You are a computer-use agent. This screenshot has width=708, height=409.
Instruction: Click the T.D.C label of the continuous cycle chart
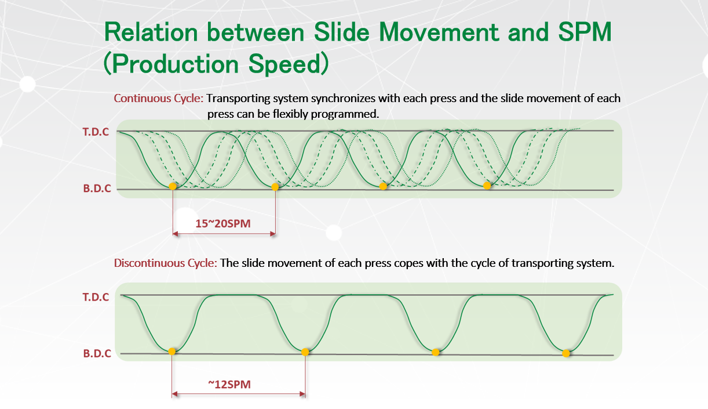[96, 132]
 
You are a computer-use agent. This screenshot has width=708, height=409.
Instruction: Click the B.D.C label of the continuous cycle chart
[97, 189]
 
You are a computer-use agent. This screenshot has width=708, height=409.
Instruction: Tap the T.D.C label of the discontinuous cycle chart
[96, 297]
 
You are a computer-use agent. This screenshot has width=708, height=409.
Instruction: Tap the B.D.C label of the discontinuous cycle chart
[97, 353]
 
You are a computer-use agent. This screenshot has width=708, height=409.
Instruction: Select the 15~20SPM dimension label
[223, 223]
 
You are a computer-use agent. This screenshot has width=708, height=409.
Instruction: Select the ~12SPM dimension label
[229, 384]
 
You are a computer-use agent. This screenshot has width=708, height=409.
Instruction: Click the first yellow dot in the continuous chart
[173, 186]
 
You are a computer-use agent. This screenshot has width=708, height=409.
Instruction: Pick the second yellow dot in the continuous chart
[275, 187]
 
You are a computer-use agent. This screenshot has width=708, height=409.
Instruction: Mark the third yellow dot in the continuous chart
[383, 186]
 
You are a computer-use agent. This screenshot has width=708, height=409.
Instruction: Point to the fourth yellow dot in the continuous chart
[487, 186]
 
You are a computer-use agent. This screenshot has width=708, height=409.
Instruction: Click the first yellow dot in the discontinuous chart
[172, 352]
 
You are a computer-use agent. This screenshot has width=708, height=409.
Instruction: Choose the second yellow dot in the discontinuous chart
[305, 352]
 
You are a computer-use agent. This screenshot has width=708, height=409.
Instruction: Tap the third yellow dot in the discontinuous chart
[436, 352]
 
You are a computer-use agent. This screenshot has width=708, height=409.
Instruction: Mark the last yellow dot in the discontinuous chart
[566, 353]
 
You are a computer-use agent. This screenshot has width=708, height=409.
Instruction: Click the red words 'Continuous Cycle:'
[159, 99]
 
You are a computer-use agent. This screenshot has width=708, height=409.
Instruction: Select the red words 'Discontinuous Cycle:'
[166, 263]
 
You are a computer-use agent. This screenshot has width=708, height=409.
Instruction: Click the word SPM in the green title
[585, 32]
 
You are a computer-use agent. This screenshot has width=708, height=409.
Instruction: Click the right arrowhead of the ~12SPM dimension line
[302, 394]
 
